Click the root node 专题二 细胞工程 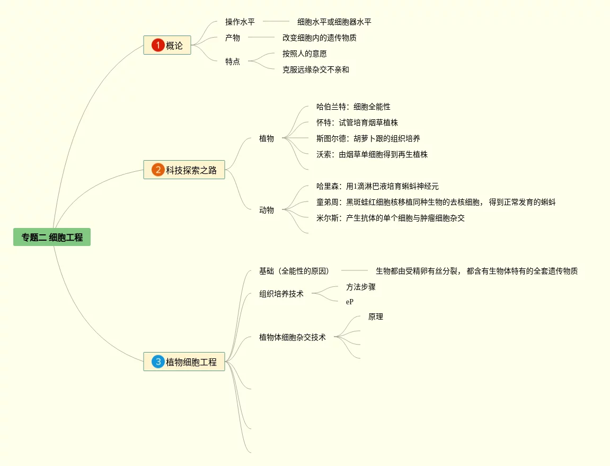click(x=52, y=238)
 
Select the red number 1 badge click(x=157, y=46)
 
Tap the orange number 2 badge click(x=158, y=170)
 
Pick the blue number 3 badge click(x=158, y=362)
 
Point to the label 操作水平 click(x=240, y=22)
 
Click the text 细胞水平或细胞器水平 click(x=334, y=22)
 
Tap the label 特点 click(x=233, y=61)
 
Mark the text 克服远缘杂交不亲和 click(x=316, y=69)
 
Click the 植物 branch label click(x=267, y=138)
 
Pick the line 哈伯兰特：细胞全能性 click(x=353, y=107)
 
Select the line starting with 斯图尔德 click(x=368, y=138)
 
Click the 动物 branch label click(x=267, y=210)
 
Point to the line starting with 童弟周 click(x=436, y=202)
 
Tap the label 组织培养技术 click(x=281, y=294)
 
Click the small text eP click(x=350, y=302)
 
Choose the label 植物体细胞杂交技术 click(x=293, y=337)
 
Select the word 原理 click(x=376, y=317)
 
